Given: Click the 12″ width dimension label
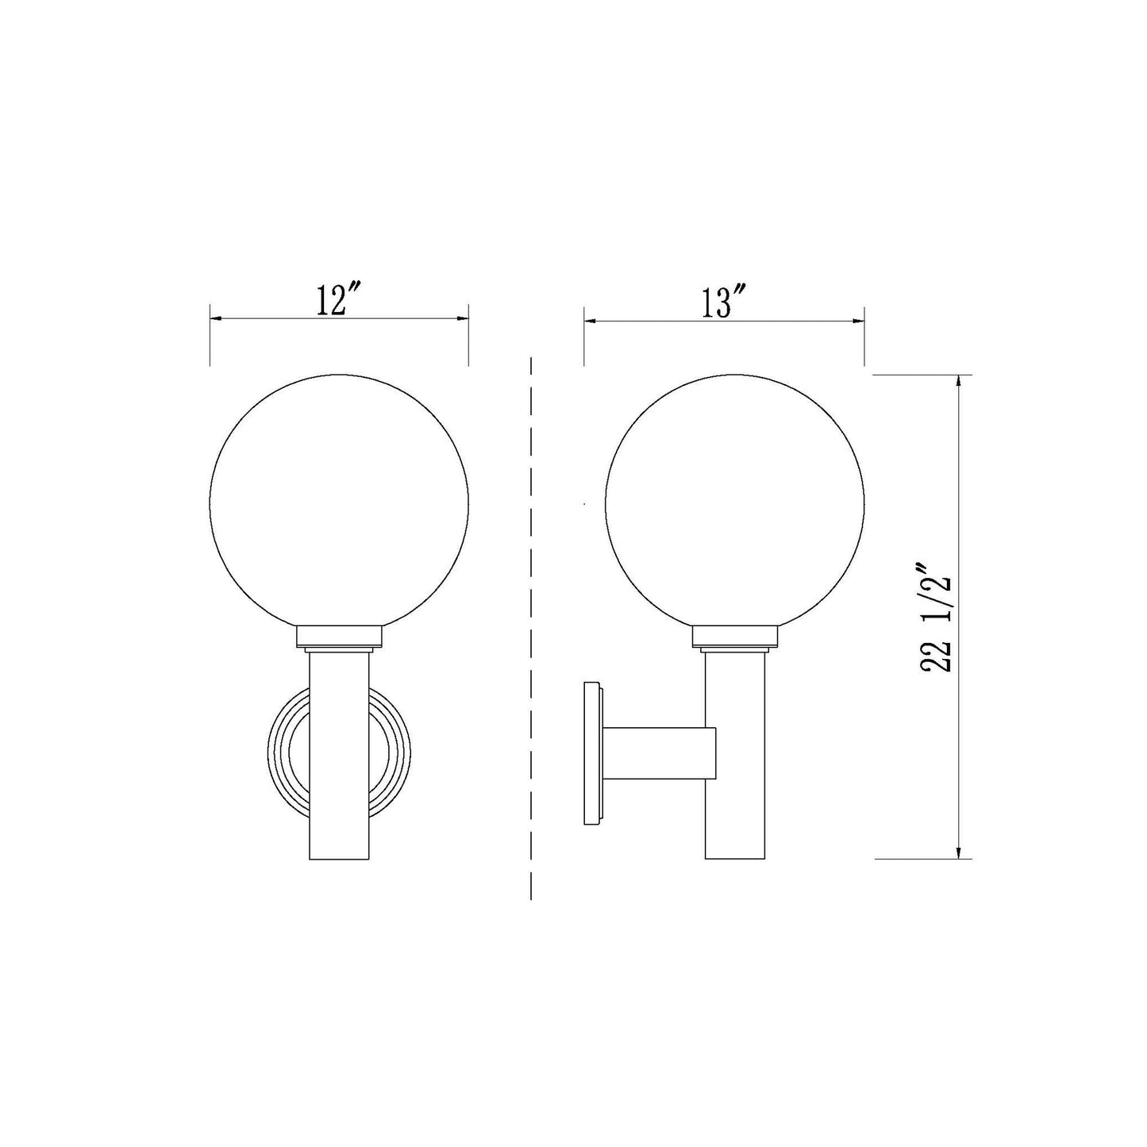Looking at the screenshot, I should [x=340, y=301].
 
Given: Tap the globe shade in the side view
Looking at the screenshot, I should [x=734, y=500].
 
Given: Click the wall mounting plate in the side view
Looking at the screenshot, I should [x=592, y=752].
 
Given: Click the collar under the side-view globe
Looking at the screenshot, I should [x=734, y=637].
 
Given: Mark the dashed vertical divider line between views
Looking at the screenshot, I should [x=529, y=627].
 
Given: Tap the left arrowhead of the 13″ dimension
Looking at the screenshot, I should [x=591, y=321].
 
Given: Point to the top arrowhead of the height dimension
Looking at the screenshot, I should [x=960, y=380].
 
